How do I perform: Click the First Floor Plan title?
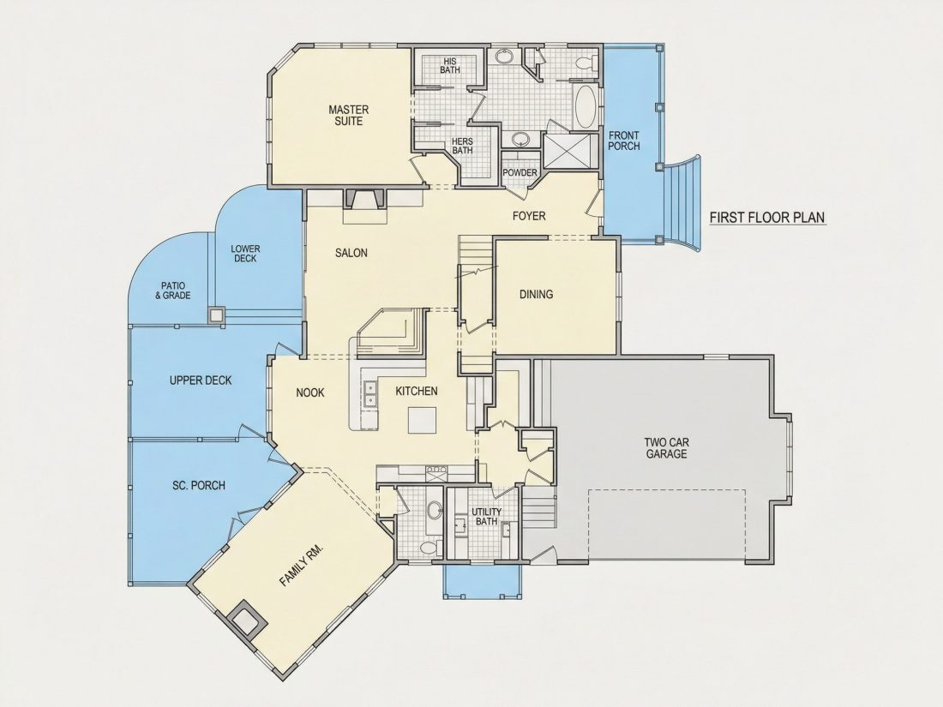[767, 217]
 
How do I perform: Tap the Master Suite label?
[349, 116]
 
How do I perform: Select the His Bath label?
[450, 65]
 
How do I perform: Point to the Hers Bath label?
[462, 146]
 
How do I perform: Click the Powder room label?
[520, 173]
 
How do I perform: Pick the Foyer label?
[529, 216]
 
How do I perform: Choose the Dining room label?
[537, 294]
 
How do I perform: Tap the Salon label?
[351, 253]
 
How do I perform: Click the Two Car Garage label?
[666, 448]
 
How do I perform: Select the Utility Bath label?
[487, 517]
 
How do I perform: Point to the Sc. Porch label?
[199, 485]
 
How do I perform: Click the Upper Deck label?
[201, 380]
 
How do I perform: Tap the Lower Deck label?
[245, 254]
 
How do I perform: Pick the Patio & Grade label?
[173, 291]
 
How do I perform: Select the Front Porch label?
[624, 141]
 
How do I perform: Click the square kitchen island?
[422, 420]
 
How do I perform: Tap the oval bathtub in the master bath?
[586, 106]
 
